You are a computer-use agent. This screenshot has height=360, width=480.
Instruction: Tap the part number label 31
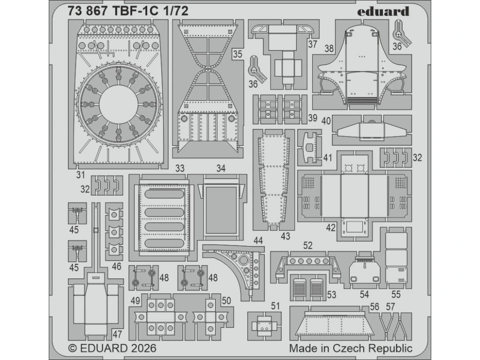pyautogui.click(x=81, y=175)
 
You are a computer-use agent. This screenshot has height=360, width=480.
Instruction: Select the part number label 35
pyautogui.click(x=237, y=54)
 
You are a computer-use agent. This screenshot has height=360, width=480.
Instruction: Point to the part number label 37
pyautogui.click(x=313, y=45)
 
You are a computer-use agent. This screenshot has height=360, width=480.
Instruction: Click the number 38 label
pyautogui.click(x=329, y=48)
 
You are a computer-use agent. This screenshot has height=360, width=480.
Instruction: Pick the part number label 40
pyautogui.click(x=326, y=120)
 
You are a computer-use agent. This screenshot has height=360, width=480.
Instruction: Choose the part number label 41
pyautogui.click(x=327, y=157)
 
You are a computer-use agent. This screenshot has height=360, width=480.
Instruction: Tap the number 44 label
pyautogui.click(x=258, y=240)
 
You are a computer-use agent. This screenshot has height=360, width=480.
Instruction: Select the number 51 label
pyautogui.click(x=275, y=306)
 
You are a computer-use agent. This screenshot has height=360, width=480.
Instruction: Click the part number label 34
pyautogui.click(x=221, y=168)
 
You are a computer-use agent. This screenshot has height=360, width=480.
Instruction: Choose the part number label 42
pyautogui.click(x=330, y=228)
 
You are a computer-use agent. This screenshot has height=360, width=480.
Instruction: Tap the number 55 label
pyautogui.click(x=397, y=295)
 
